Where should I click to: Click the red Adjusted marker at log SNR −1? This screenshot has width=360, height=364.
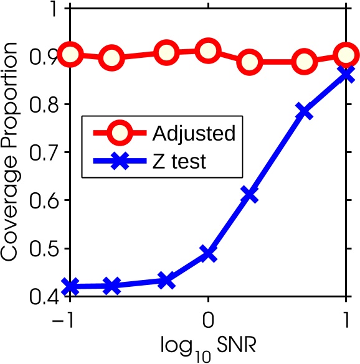(x=70, y=54)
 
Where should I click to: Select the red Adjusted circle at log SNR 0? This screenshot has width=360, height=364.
(x=208, y=51)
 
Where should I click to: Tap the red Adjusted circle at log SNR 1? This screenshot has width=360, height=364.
(x=345, y=55)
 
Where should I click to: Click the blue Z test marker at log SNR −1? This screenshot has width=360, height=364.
(x=70, y=287)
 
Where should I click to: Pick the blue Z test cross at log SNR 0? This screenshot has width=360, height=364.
(x=208, y=254)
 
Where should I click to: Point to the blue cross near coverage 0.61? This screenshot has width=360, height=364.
(x=249, y=195)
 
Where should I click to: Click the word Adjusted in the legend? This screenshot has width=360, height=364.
(x=185, y=133)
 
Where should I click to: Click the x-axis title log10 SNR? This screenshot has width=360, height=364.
(x=208, y=346)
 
